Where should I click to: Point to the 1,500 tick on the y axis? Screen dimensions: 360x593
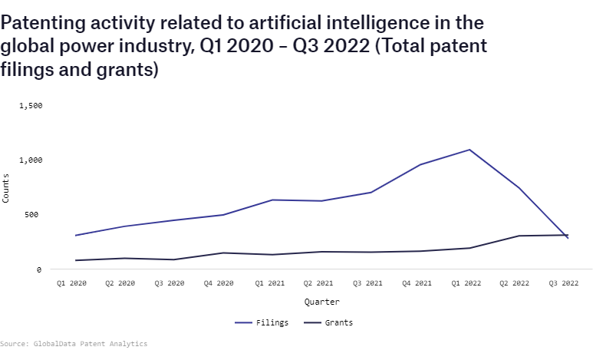pyautogui.click(x=30, y=106)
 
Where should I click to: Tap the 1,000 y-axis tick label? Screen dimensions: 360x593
pyautogui.click(x=30, y=160)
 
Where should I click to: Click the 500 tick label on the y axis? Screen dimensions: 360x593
pyautogui.click(x=33, y=215)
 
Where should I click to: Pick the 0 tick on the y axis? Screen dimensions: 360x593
pyautogui.click(x=38, y=269)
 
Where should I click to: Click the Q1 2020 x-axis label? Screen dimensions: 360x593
pyautogui.click(x=72, y=283)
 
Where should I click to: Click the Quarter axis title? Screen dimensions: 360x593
pyautogui.click(x=321, y=302)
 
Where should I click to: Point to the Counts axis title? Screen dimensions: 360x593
pyautogui.click(x=6, y=188)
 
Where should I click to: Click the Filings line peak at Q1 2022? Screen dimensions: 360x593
pyautogui.click(x=469, y=150)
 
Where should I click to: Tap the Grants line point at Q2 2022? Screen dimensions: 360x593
pyautogui.click(x=519, y=236)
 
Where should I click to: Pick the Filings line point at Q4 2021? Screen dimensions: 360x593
pyautogui.click(x=420, y=164)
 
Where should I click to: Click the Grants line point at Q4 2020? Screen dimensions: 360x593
pyautogui.click(x=222, y=253)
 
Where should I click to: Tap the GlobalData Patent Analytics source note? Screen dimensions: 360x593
pyautogui.click(x=74, y=344)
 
